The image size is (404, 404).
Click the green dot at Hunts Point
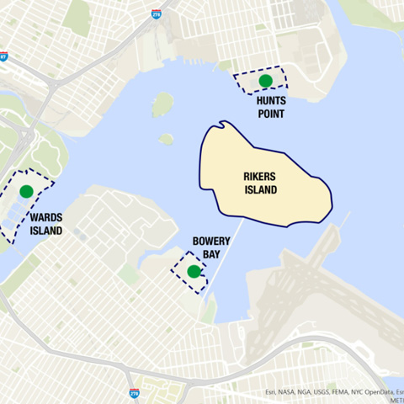[266, 81]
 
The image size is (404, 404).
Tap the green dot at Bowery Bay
[194, 271]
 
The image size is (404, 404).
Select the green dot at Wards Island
[26, 191]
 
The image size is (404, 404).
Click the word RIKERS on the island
[259, 178]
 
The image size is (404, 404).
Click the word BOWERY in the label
[211, 240]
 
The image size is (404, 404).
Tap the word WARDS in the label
[45, 217]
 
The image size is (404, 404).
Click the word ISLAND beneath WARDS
[45, 230]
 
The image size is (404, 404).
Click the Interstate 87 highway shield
[3, 56]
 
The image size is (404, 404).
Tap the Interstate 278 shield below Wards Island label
[134, 393]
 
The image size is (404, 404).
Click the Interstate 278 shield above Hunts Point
[157, 14]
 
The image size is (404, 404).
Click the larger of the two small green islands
[162, 104]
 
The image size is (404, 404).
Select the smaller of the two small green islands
[166, 139]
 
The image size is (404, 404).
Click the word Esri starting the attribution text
[271, 391]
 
